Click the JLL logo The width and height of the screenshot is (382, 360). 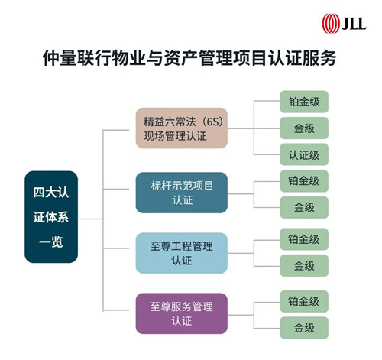[x=344, y=24]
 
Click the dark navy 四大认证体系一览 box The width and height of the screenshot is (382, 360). [x=51, y=217]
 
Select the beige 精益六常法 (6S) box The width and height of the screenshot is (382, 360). [x=181, y=128]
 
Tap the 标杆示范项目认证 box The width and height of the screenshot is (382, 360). [x=181, y=193]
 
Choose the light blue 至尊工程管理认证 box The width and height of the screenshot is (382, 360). [x=181, y=253]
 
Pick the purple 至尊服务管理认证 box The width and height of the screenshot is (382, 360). [x=181, y=313]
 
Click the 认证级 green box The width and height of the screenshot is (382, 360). [x=304, y=154]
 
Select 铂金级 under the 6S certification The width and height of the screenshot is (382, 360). [x=304, y=102]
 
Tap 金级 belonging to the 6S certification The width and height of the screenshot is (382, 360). [x=304, y=128]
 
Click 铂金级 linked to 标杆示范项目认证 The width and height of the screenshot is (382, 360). [x=304, y=181]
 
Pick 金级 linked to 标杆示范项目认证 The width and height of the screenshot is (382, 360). [x=304, y=207]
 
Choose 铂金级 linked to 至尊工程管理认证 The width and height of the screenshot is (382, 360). [x=304, y=239]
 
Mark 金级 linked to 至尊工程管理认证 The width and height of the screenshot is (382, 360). [x=304, y=265]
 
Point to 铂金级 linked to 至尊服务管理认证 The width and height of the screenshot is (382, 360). [x=304, y=301]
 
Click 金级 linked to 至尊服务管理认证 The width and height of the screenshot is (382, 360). [x=304, y=328]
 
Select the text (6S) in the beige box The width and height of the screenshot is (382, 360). [x=212, y=122]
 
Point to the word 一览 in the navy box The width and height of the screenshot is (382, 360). [x=51, y=242]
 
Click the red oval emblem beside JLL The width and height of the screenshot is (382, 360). [x=330, y=24]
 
